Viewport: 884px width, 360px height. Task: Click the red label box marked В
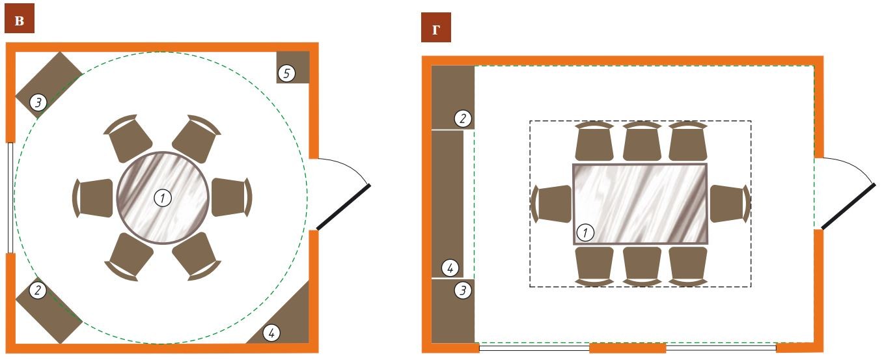click(x=20, y=18)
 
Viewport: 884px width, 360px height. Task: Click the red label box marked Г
click(x=436, y=27)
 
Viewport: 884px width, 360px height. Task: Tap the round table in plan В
click(x=163, y=198)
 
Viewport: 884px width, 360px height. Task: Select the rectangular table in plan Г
click(x=640, y=204)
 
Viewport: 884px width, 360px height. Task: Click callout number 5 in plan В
click(x=286, y=74)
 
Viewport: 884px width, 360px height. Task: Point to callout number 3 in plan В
click(x=38, y=103)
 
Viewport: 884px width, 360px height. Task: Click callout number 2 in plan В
click(x=38, y=290)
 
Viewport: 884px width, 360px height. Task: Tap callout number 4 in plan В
click(x=271, y=333)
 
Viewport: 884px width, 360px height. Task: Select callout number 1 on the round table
click(x=163, y=198)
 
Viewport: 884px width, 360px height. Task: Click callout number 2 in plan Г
click(x=463, y=118)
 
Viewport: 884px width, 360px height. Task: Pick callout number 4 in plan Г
click(x=450, y=268)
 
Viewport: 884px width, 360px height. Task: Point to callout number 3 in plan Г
click(x=463, y=290)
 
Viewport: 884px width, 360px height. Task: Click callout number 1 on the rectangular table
click(x=585, y=232)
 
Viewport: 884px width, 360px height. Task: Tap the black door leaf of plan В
click(x=344, y=206)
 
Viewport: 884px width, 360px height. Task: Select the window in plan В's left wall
click(x=10, y=197)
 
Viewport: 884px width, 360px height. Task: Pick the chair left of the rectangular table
click(x=551, y=204)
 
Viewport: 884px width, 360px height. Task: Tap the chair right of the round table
click(x=232, y=197)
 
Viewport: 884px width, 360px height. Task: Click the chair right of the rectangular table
click(x=730, y=204)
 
